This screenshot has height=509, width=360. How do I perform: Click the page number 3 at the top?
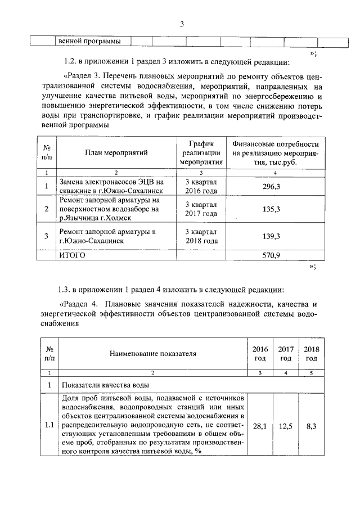(x=182, y=24)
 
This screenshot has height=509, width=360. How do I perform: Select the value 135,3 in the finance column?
(x=272, y=209)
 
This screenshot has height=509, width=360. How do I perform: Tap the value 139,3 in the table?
(x=272, y=236)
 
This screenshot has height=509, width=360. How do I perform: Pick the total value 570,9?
(x=272, y=255)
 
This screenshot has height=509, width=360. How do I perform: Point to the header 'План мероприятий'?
(x=116, y=152)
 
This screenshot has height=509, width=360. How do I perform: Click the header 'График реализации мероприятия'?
(x=201, y=152)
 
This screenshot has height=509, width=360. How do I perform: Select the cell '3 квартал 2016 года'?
(x=201, y=186)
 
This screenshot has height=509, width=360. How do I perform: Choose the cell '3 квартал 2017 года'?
(x=201, y=209)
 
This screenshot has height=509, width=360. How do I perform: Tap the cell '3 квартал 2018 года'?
(x=201, y=236)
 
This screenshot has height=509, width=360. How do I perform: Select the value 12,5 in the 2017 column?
(x=285, y=426)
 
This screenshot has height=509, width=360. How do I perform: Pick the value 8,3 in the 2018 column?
(x=310, y=426)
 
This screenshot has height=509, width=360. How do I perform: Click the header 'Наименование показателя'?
(x=152, y=354)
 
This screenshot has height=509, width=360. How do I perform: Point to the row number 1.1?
(x=49, y=426)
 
